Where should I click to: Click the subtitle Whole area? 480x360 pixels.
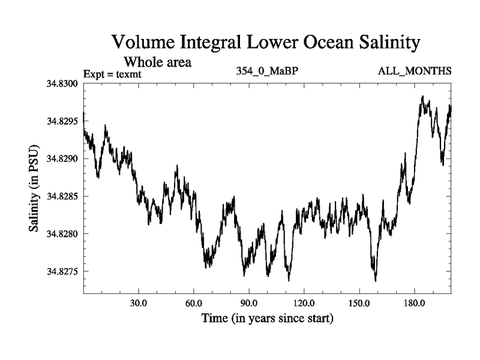click(157, 62)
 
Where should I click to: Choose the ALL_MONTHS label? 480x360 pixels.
click(415, 71)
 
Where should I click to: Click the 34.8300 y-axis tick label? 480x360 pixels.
click(62, 83)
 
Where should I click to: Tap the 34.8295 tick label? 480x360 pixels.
click(62, 121)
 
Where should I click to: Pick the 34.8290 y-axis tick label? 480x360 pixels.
click(62, 158)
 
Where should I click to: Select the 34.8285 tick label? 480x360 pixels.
click(62, 196)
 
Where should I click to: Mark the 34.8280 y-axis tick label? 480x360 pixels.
click(62, 233)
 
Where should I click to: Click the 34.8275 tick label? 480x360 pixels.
click(62, 271)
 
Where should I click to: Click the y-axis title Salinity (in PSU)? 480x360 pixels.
click(35, 188)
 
